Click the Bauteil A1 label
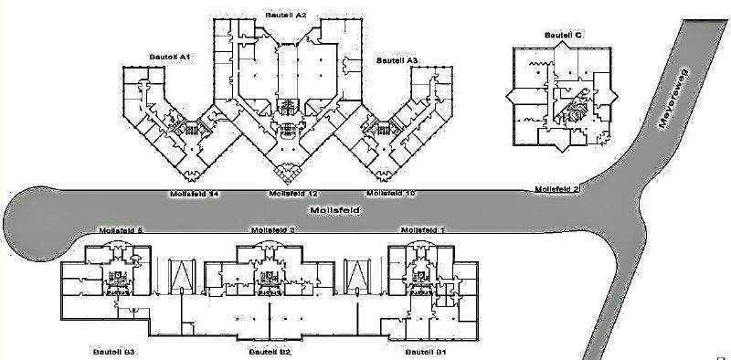coord(169,57)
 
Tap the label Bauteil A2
coord(285,16)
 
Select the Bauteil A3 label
coord(397,60)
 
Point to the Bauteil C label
coord(563,35)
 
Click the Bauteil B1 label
coord(426,352)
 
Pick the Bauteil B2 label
coord(270,352)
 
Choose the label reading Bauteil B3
coord(114,352)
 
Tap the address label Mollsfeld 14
coord(195,194)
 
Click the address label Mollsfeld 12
coord(293,194)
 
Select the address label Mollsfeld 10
coord(391,194)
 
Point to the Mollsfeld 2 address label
coord(557,189)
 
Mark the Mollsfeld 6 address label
coord(121,229)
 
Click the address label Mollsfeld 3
coord(271,229)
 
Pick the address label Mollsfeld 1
coord(423,229)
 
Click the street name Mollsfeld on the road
coord(332,211)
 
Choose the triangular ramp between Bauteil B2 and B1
coord(355,276)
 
